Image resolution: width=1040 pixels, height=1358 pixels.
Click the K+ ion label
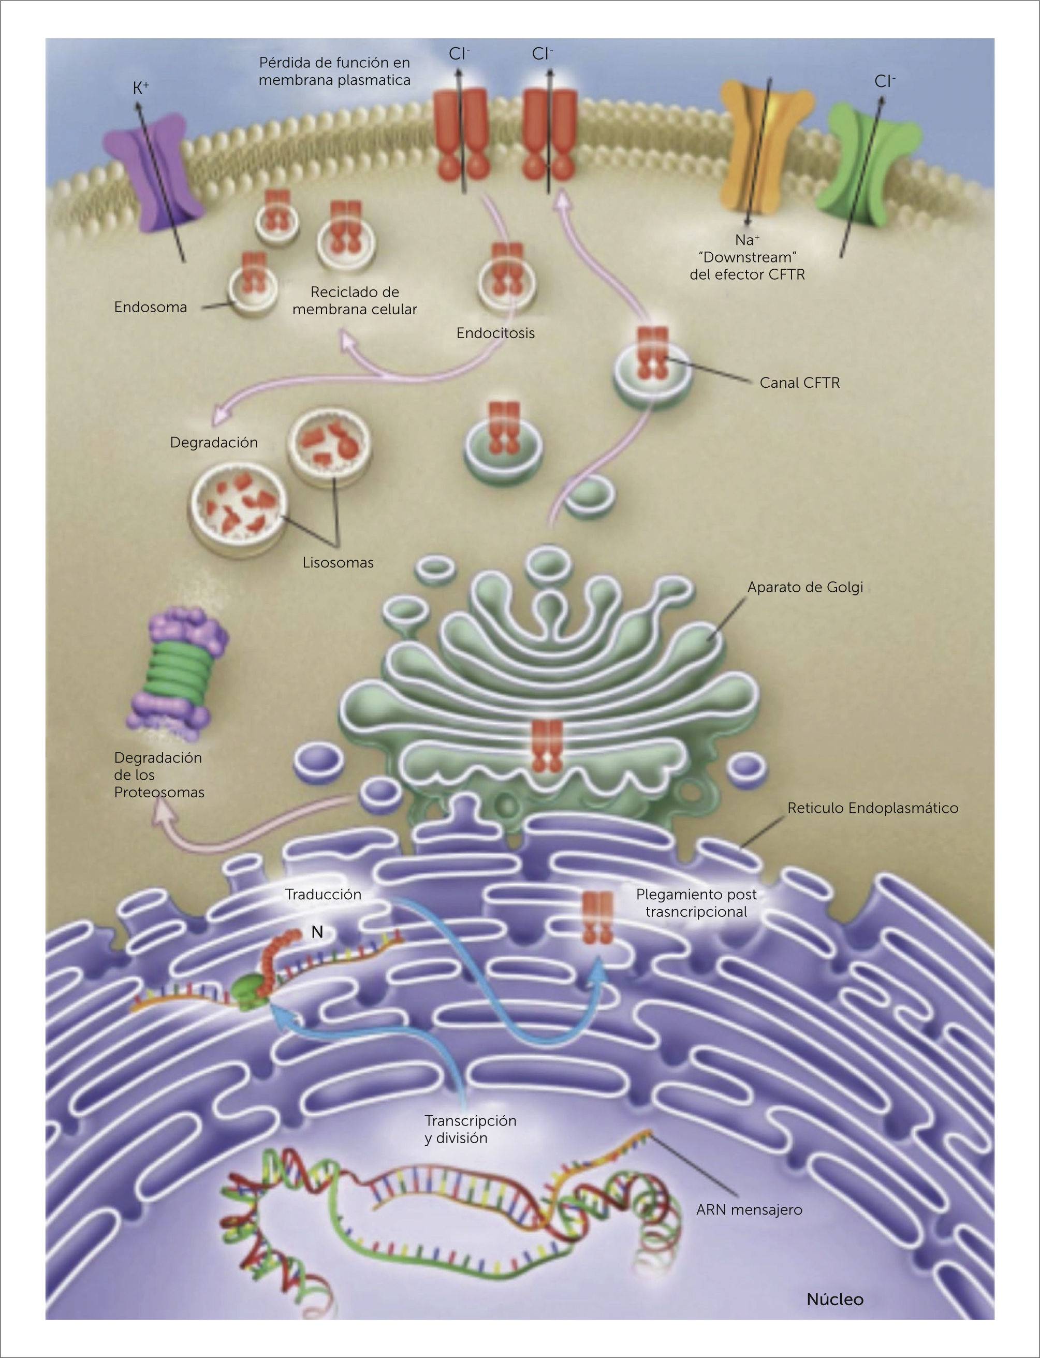click(140, 89)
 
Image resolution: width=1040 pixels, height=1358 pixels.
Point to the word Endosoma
click(151, 307)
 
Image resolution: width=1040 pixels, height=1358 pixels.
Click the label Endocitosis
click(495, 333)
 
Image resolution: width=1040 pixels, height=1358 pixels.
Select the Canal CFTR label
click(799, 383)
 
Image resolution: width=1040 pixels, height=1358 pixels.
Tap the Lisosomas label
click(338, 563)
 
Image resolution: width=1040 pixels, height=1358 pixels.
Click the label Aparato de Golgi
click(805, 587)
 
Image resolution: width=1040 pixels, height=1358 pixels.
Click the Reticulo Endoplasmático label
click(872, 808)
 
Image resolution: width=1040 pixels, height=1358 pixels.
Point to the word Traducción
click(323, 895)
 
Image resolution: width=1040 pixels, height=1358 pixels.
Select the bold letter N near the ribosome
click(317, 932)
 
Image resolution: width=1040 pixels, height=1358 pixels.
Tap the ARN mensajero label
click(749, 1209)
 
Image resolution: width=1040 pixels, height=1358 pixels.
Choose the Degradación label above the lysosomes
click(214, 443)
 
